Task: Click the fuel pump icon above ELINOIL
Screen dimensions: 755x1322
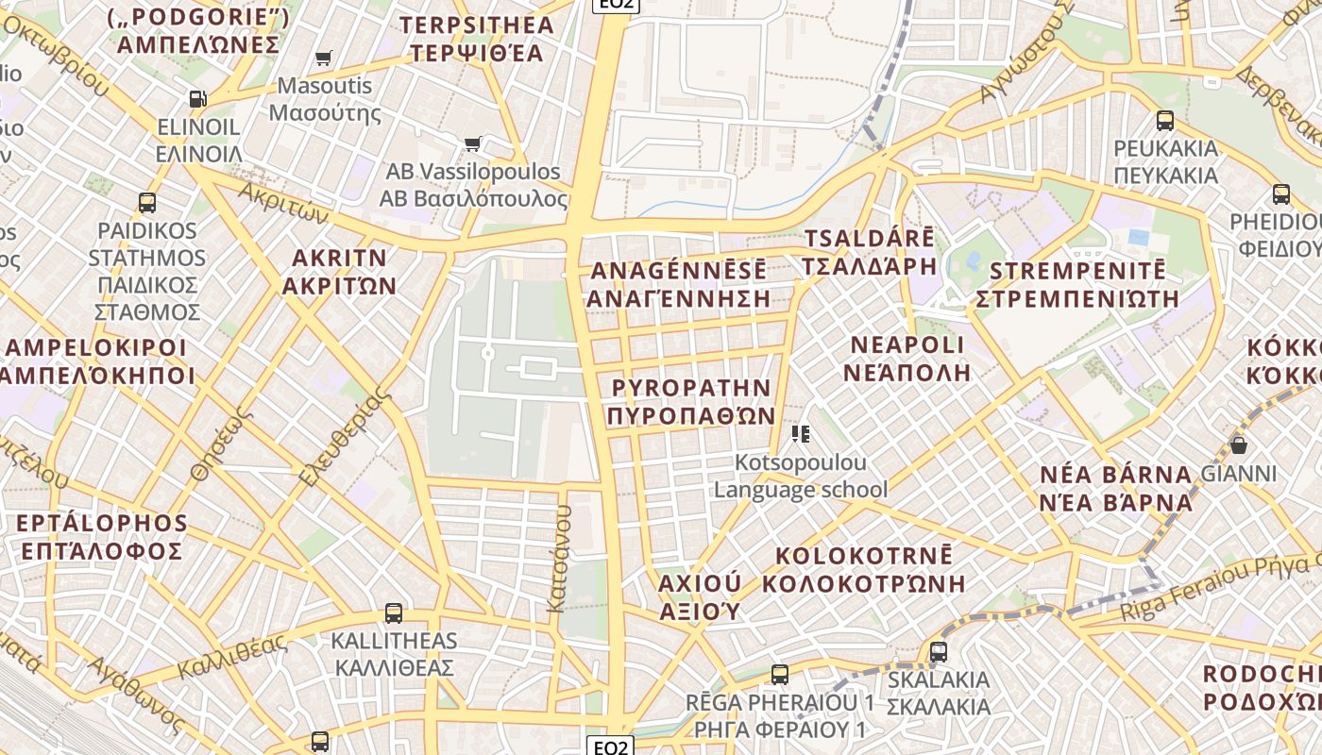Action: point(197,98)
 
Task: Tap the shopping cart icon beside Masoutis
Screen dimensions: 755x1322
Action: point(324,59)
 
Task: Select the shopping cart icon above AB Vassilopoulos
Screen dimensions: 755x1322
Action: point(472,143)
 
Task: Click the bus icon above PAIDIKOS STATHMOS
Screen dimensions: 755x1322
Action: point(146,202)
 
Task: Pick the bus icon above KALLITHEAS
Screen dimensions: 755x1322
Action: point(393,613)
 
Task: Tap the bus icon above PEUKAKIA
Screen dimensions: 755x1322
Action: point(1165,121)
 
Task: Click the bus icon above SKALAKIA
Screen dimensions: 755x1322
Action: point(938,651)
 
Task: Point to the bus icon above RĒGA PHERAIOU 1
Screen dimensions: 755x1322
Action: point(779,675)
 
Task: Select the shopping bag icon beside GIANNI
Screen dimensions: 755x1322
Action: point(1238,445)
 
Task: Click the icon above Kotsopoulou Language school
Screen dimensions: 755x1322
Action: point(801,434)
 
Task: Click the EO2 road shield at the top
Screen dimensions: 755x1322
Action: point(617,5)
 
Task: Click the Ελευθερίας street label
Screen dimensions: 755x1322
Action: point(345,439)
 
